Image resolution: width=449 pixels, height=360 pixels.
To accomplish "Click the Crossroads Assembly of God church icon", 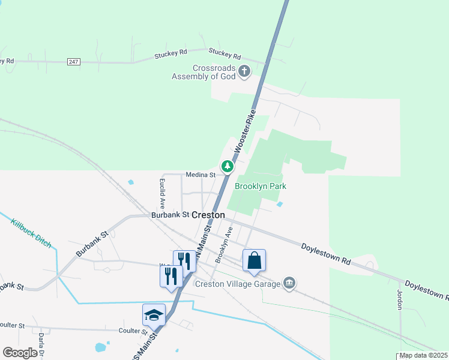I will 244,71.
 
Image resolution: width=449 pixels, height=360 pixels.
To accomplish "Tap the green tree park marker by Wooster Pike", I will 228,166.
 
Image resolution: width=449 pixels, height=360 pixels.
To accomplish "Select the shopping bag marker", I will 254,260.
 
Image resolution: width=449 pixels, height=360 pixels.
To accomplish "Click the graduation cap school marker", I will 154,314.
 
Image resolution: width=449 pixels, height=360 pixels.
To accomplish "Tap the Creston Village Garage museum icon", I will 289,283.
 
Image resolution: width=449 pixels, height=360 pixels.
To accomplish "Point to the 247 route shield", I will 73,62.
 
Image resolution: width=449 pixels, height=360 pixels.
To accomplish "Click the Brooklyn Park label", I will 260,186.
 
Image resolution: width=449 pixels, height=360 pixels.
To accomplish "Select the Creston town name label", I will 208,214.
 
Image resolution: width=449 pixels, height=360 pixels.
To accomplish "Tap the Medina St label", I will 200,175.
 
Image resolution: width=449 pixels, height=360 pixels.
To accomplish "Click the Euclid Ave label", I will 162,192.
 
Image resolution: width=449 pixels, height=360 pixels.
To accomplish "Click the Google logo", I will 20,353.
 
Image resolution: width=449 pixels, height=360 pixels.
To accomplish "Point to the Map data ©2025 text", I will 423,355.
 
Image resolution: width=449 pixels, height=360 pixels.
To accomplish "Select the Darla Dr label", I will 42,346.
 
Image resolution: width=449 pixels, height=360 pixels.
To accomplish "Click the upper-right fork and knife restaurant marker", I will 184,261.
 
